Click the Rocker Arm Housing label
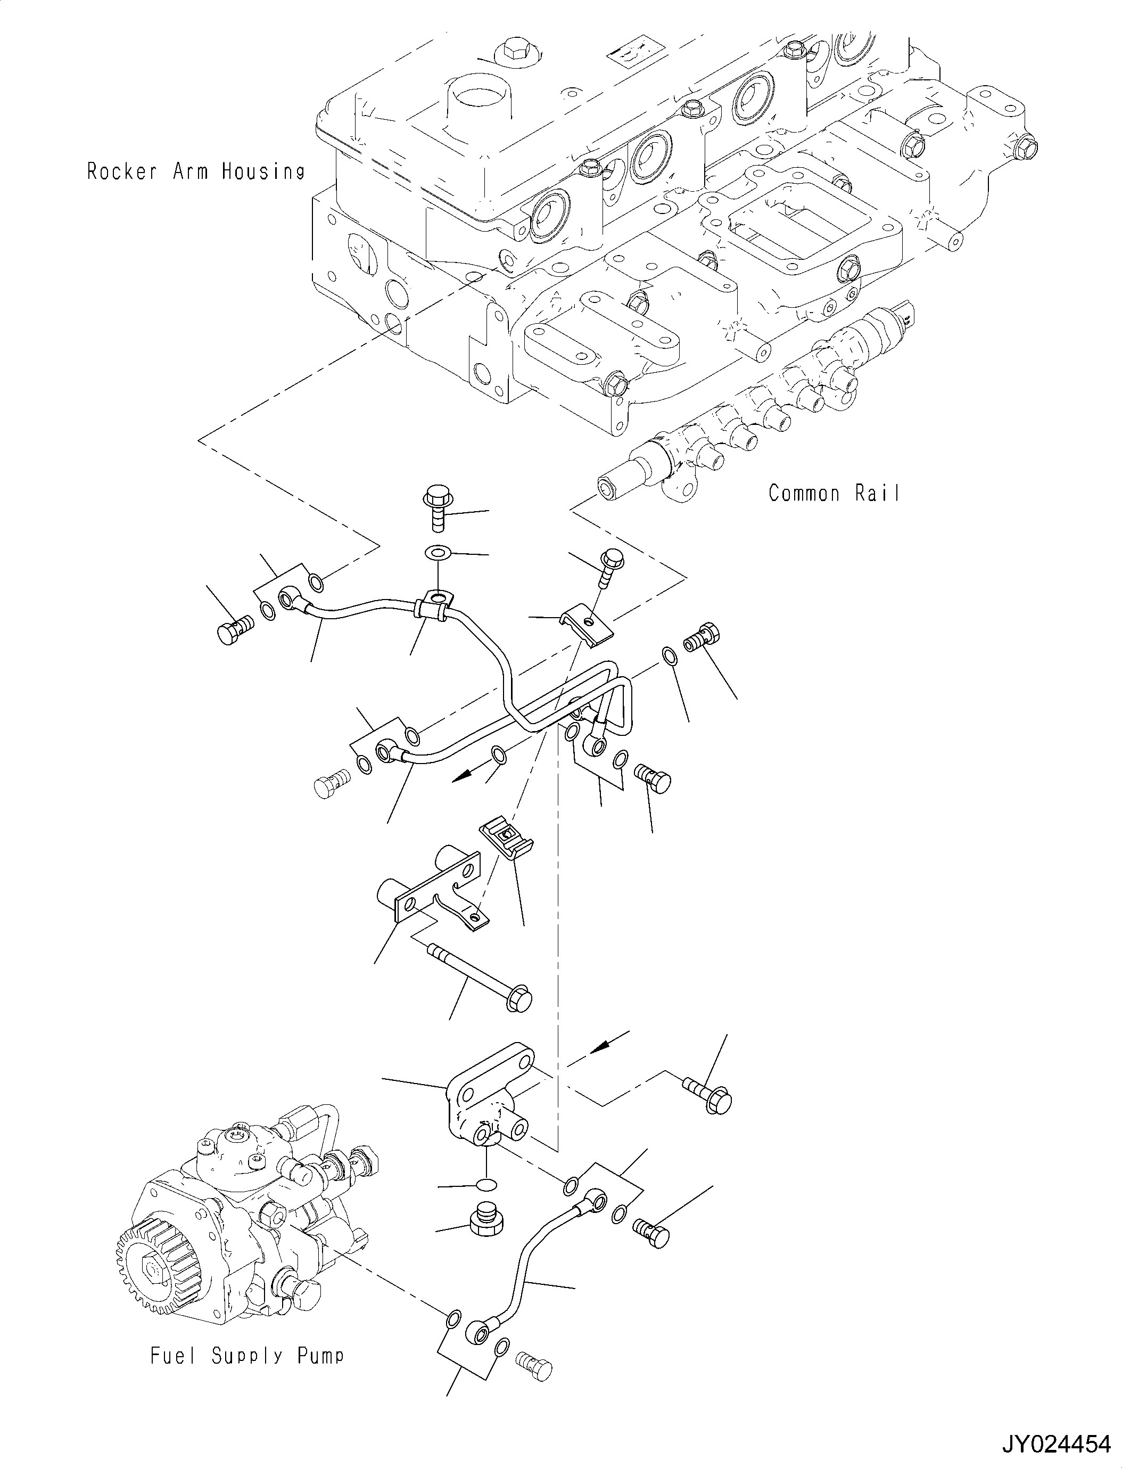(x=196, y=172)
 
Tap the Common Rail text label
(x=834, y=493)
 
